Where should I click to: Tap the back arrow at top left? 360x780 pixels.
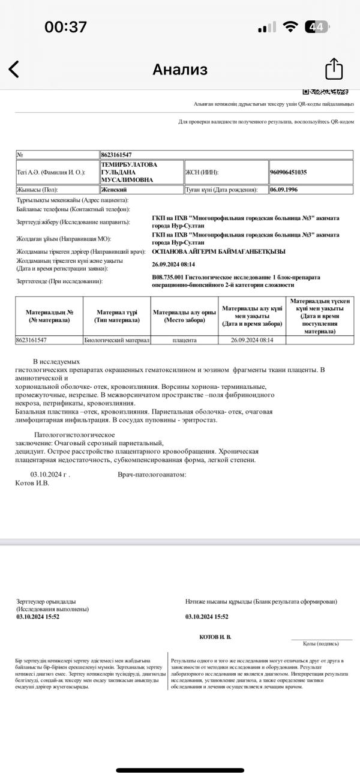point(14,69)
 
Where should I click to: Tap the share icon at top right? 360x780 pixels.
point(334,69)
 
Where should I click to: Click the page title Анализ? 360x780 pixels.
point(180,70)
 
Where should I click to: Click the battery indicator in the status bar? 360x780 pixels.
point(316,27)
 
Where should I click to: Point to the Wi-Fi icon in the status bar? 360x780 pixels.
point(291,27)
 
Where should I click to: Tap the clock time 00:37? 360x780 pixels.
point(66,27)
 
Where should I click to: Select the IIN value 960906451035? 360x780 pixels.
point(289,172)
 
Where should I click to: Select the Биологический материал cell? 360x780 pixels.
point(117,340)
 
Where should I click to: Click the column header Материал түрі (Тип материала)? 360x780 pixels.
point(117,316)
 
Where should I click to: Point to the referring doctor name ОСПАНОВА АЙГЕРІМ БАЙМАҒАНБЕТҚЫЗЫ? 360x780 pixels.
point(219,251)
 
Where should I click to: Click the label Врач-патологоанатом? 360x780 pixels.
point(152,474)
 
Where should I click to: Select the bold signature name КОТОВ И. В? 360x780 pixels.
point(215,636)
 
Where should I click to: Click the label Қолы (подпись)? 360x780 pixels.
point(320,643)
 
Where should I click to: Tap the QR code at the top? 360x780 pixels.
point(325,92)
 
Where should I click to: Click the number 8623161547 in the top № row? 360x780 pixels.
point(116,155)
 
